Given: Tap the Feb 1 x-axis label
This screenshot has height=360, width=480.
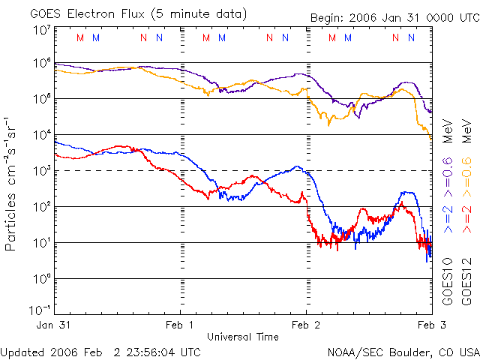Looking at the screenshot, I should (181, 325).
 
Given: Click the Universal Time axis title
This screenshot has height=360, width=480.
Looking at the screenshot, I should (243, 337).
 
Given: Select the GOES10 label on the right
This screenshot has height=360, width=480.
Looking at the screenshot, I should (448, 280).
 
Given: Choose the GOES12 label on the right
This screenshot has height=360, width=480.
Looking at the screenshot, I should (466, 280).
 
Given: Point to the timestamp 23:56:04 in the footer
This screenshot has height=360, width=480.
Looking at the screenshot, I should (134, 352).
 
